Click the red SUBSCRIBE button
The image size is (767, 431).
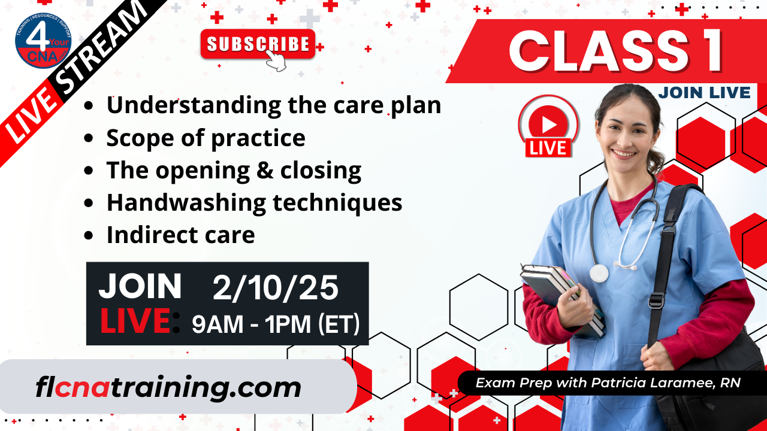(258, 44)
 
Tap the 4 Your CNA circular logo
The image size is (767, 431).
(43, 40)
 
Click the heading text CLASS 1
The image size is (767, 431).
(616, 52)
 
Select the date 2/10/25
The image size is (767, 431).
(275, 289)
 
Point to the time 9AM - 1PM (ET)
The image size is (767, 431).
(276, 324)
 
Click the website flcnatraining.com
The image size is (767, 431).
(168, 388)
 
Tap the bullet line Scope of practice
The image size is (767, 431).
(206, 138)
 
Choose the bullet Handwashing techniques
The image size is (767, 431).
(254, 203)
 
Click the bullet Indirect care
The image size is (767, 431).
(180, 235)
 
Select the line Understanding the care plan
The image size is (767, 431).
(273, 105)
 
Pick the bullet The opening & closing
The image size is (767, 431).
(234, 171)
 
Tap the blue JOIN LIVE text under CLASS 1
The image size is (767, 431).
(703, 92)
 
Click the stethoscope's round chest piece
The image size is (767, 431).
(599, 274)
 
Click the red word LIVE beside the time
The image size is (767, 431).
(135, 321)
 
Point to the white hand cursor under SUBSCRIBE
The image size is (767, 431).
(276, 60)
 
